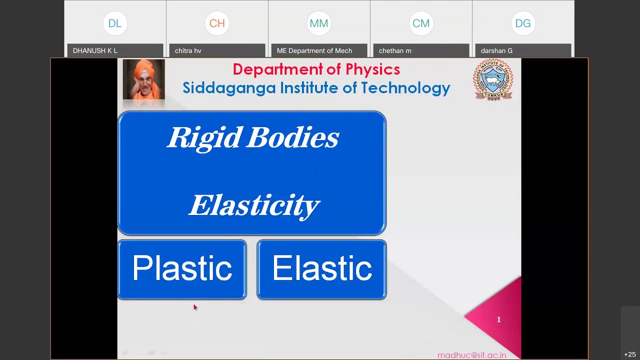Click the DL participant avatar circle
point(115,23)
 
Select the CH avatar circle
point(217,23)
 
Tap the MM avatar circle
point(319,23)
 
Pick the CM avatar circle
point(421,23)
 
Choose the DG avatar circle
point(523,23)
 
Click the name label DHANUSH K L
point(95,51)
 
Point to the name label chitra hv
point(188,51)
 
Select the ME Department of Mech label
point(314,51)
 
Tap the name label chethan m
point(395,51)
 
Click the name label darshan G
point(496,51)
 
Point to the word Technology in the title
point(405,88)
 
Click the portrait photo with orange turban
point(143,79)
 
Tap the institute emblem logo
point(493,79)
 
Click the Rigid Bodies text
point(253,137)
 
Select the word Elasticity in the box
point(254,205)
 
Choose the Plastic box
point(182,269)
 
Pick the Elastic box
point(321,269)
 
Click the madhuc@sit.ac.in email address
point(471,355)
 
